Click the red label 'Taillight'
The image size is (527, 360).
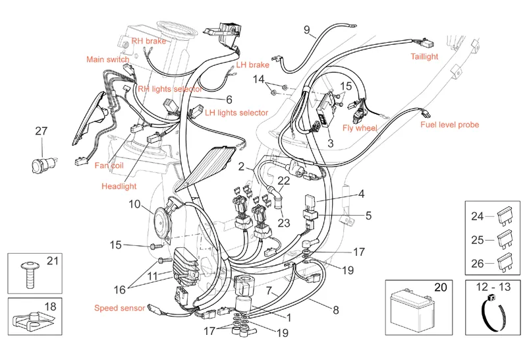click(x=424, y=57)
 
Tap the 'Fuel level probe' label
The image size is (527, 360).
click(x=450, y=125)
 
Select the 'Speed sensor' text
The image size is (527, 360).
click(x=120, y=308)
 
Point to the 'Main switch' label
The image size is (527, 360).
click(x=107, y=59)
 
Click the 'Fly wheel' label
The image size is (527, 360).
click(x=360, y=128)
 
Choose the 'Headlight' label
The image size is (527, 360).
click(x=119, y=187)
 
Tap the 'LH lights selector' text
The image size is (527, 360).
click(x=236, y=113)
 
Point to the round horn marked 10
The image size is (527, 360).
click(x=163, y=220)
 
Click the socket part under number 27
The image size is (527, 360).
click(x=44, y=165)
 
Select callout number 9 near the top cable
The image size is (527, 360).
click(x=307, y=30)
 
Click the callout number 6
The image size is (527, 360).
click(x=229, y=100)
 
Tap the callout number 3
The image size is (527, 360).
click(x=331, y=143)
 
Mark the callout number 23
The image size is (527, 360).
click(x=284, y=223)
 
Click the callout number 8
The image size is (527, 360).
click(x=336, y=310)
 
